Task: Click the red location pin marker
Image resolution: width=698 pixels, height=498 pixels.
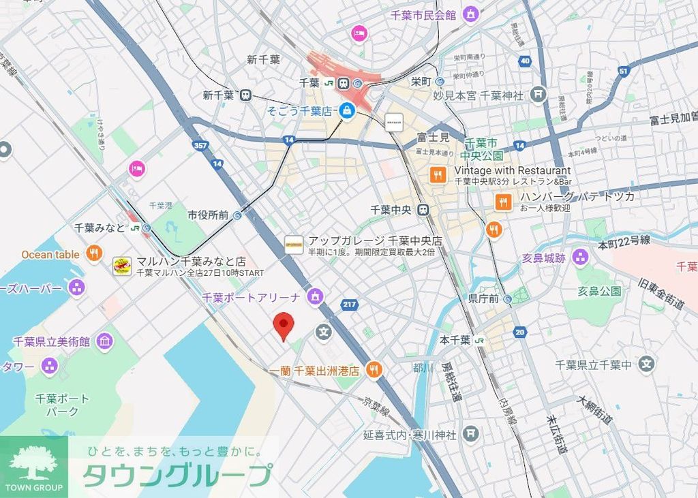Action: coord(284,326)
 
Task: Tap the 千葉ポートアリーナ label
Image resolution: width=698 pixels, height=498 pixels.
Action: coord(252,297)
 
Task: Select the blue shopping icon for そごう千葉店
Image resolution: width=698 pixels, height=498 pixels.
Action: coord(348,110)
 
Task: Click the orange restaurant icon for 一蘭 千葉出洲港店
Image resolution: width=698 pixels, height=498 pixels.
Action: coord(374,370)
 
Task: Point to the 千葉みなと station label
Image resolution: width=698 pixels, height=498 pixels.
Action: coord(100,228)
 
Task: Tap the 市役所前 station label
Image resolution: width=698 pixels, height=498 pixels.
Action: coord(208,215)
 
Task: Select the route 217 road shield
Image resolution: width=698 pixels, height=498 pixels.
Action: coord(350,304)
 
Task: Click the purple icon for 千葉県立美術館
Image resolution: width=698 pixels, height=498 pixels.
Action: coord(104,341)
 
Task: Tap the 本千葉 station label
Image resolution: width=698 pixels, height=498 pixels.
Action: coord(455,340)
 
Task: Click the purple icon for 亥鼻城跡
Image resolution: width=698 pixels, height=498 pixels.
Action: coord(580,258)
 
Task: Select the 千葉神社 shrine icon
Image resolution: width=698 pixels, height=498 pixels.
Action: coord(538,93)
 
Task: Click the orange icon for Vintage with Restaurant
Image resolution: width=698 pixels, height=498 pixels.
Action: coord(438,175)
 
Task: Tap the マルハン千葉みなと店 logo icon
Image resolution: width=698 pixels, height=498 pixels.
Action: coord(122,266)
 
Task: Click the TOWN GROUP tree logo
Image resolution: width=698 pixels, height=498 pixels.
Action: coord(33,463)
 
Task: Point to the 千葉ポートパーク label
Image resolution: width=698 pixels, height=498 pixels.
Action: coord(62,405)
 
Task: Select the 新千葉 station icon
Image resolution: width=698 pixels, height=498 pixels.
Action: coord(244,95)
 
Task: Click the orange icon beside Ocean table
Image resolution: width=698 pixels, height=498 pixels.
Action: coord(94,254)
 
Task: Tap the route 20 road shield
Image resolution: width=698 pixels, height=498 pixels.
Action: coord(521,332)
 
